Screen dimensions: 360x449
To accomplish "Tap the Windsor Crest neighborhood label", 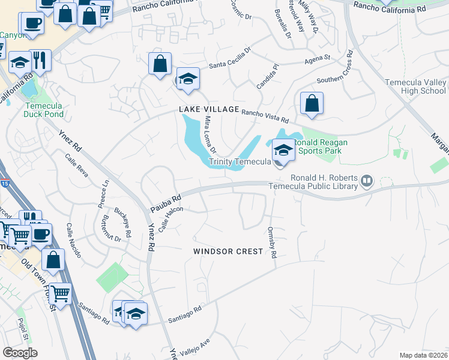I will click(228, 251).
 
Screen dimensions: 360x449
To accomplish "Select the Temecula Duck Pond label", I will click(43, 109).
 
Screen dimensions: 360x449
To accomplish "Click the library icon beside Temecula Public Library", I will click(367, 179).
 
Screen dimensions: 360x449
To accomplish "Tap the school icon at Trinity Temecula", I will click(283, 149).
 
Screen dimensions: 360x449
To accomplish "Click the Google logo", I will click(20, 352).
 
